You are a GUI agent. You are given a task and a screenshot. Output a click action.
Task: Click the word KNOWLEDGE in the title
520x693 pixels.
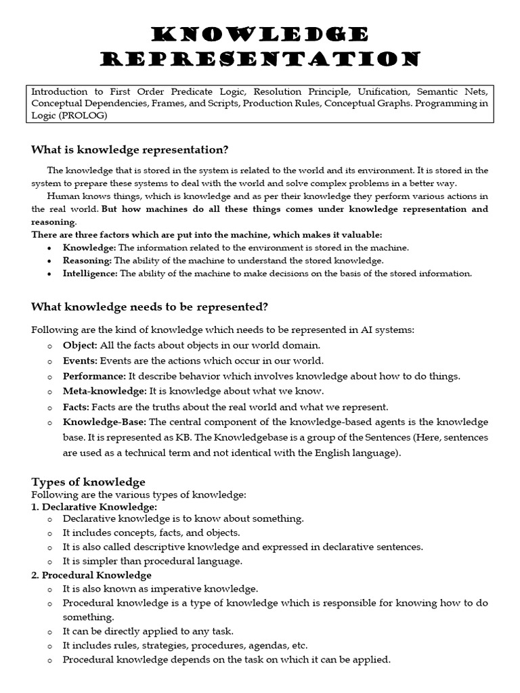click(259, 34)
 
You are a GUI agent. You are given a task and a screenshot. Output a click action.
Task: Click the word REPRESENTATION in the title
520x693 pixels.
click(259, 59)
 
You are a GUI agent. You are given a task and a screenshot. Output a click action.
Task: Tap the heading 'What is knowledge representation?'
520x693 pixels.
click(130, 150)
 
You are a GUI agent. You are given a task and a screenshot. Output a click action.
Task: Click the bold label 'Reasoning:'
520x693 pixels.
click(87, 261)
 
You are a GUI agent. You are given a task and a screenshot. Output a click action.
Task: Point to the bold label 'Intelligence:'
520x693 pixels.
click(91, 273)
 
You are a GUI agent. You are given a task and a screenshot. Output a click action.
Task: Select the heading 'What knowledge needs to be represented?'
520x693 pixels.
click(150, 307)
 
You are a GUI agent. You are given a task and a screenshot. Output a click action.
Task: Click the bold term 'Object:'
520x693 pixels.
click(79, 345)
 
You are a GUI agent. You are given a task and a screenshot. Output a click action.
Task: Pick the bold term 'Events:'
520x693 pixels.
click(81, 361)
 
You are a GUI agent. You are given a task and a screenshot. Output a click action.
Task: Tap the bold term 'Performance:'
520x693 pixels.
click(94, 376)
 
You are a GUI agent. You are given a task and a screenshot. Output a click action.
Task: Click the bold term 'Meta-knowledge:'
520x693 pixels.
click(104, 391)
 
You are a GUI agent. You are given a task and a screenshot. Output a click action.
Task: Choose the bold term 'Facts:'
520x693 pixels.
click(76, 407)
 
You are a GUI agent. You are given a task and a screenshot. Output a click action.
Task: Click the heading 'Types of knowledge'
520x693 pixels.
click(88, 482)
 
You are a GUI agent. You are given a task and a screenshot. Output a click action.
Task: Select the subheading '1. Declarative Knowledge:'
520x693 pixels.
click(94, 506)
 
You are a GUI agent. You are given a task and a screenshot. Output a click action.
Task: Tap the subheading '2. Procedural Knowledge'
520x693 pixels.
click(91, 575)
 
